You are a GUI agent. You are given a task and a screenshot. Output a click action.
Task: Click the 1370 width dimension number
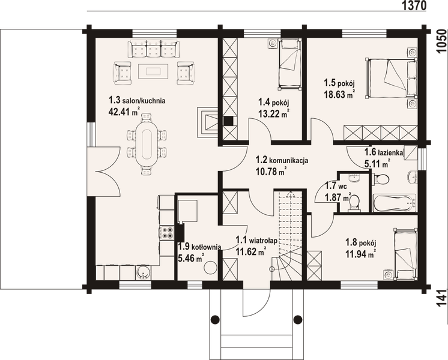pyautogui.click(x=414, y=5)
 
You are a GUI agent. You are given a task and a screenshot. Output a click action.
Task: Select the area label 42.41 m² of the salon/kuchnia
pyautogui.click(x=124, y=112)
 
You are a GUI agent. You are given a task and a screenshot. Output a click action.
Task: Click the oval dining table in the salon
pyautogui.click(x=147, y=143)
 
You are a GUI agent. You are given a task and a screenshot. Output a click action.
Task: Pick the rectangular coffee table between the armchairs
pyautogui.click(x=153, y=71)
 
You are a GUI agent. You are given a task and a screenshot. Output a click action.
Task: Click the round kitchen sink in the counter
pyautogui.click(x=142, y=272)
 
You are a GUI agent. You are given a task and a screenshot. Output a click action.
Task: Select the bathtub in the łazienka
pyautogui.click(x=395, y=203)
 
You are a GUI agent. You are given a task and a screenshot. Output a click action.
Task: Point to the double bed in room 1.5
pyautogui.click(x=390, y=78)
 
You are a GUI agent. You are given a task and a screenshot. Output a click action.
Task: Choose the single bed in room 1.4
pyautogui.click(x=290, y=64)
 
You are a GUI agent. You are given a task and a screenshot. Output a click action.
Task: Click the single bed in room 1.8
pyautogui.click(x=405, y=254)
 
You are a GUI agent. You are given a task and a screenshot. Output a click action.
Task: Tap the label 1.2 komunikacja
pyautogui.click(x=282, y=160)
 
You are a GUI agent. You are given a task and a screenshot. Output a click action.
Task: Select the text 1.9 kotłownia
pyautogui.click(x=199, y=247)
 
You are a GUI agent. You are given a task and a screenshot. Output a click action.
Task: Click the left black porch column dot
pyautogui.click(x=215, y=319)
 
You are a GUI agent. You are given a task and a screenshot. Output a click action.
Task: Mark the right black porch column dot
pyautogui.click(x=298, y=319)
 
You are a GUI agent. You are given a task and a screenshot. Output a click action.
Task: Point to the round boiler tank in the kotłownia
pyautogui.click(x=211, y=267)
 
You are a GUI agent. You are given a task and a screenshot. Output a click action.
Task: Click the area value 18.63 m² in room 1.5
pyautogui.click(x=339, y=94)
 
